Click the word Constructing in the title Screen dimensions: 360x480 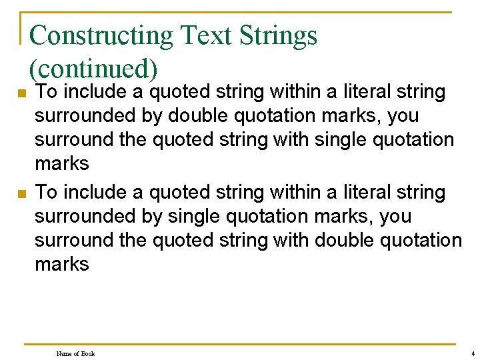[x=100, y=35]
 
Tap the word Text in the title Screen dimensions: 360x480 [x=200, y=35]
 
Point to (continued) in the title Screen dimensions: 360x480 [x=93, y=68]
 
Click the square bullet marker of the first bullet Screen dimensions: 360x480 [x=21, y=93]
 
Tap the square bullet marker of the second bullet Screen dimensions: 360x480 [x=21, y=194]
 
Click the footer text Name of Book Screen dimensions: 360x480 [x=75, y=353]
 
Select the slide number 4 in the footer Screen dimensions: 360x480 [x=472, y=353]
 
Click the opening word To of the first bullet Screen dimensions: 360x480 [x=45, y=92]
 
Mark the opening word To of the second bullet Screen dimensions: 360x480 [x=45, y=193]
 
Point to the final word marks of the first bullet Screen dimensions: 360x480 [x=61, y=164]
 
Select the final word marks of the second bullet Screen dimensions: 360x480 [x=61, y=264]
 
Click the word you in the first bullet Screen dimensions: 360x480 [x=403, y=116]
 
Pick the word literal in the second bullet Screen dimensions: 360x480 [x=366, y=193]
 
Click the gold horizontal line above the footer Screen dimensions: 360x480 [x=240, y=344]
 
